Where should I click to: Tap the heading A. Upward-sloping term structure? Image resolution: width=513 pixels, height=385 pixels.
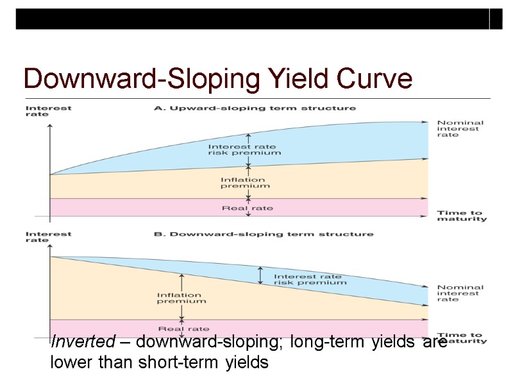255,108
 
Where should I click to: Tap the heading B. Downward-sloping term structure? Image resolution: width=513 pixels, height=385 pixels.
263,234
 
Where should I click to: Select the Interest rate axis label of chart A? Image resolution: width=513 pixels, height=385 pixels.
48,111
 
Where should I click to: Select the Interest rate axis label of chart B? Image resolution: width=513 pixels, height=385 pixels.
48,237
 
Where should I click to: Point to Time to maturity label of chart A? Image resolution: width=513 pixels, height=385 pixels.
461,216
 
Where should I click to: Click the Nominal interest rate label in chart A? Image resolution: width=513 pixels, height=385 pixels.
460,129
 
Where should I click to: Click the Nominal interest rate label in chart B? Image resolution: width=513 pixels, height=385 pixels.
460,293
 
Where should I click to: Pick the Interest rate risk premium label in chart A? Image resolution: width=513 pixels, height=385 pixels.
244,149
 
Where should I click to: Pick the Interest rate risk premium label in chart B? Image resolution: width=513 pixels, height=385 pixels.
310,278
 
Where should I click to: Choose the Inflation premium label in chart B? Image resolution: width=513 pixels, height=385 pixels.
181,298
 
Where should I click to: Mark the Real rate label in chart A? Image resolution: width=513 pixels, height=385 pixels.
247,207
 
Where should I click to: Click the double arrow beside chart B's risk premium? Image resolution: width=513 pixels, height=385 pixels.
260,275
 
